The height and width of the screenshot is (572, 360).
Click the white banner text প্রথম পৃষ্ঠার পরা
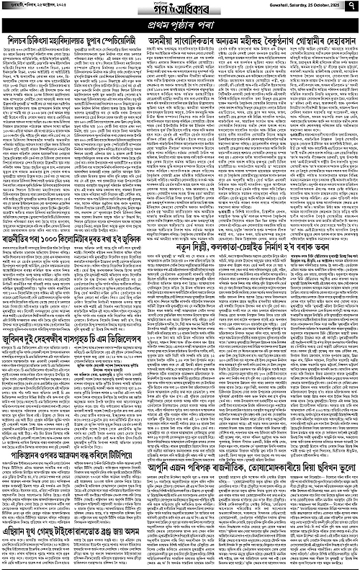(180, 24)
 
